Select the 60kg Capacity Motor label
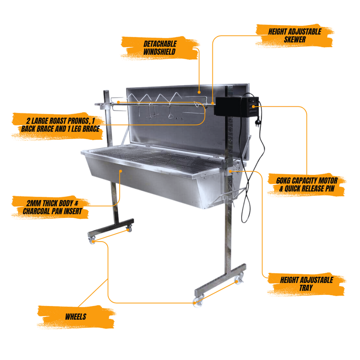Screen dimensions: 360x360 (x=306, y=184)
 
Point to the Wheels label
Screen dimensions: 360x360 (x=76, y=316)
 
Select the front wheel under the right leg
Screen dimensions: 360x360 (x=197, y=302)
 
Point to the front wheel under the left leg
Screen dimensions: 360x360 (x=92, y=240)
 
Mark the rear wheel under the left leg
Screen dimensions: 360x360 (x=128, y=229)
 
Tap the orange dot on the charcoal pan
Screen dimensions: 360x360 (x=121, y=171)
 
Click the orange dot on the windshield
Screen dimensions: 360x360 (x=199, y=92)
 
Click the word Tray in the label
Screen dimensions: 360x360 (x=306, y=288)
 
